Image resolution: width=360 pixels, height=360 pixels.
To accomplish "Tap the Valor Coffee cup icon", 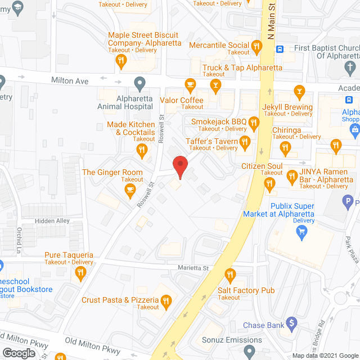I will point(190,85).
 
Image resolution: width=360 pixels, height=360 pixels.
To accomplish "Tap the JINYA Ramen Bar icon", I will point(292,177).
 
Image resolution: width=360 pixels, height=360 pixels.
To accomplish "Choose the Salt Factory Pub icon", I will point(229,276).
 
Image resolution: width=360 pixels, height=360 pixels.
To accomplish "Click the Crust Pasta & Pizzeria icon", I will point(165,302).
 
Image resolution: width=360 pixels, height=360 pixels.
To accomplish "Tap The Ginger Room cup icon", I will point(130,190).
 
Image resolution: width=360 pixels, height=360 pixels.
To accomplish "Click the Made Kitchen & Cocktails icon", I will point(142,150).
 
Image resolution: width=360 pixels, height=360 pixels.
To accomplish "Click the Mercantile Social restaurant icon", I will point(257,46).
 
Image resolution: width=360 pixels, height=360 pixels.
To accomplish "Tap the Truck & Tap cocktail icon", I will point(214,85).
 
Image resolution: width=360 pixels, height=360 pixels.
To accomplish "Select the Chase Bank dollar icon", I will point(291,323).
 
